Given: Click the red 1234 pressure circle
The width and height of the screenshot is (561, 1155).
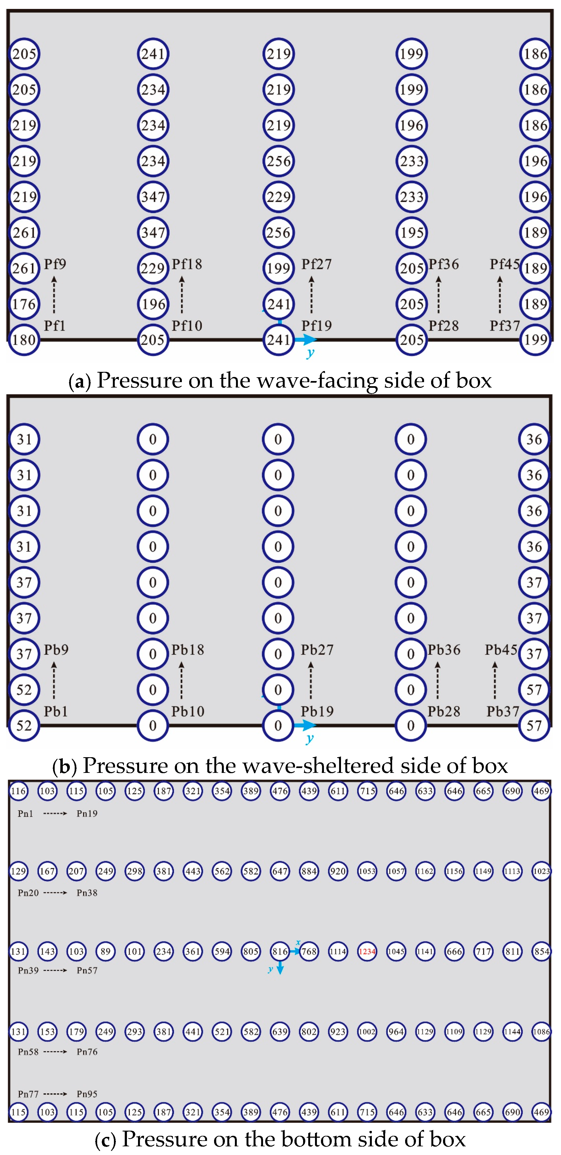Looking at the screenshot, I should coord(367,951).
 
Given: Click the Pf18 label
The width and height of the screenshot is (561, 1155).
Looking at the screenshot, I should coord(187,264).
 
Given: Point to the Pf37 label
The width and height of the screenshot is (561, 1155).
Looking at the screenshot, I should coord(504,326).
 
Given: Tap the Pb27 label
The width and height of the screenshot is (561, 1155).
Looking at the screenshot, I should coord(317,650).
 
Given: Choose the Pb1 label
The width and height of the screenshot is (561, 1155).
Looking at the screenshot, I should coord(56,711).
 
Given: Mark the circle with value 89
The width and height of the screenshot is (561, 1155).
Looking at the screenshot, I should coord(106,951).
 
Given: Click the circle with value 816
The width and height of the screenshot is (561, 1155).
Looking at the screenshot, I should coord(280,951).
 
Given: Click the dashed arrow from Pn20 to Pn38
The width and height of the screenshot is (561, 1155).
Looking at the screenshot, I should coord(55,893).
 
